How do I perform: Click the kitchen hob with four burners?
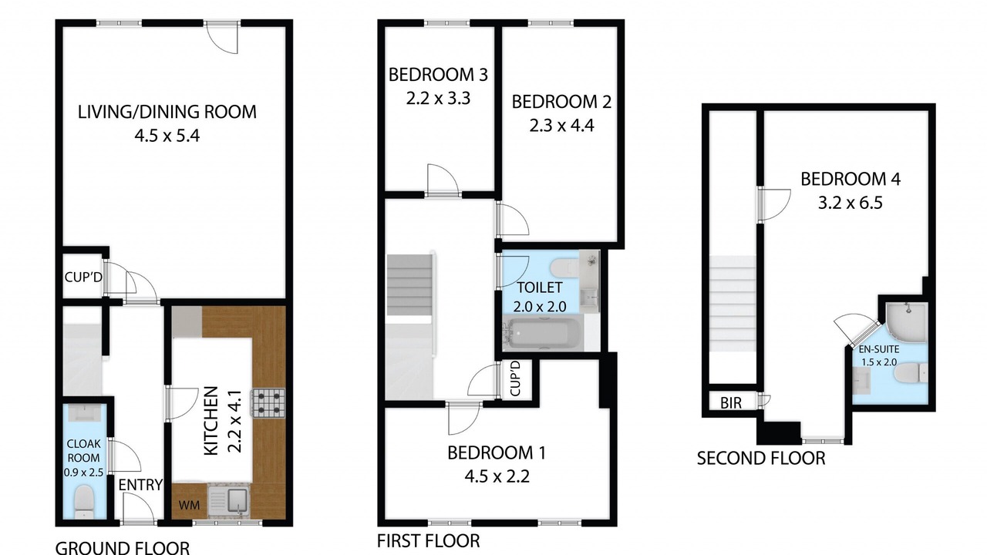pyautogui.click(x=268, y=403)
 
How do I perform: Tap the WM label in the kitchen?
pyautogui.click(x=189, y=505)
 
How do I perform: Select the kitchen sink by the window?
pyautogui.click(x=229, y=501)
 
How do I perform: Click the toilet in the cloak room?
pyautogui.click(x=83, y=502)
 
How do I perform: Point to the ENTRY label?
pyautogui.click(x=140, y=485)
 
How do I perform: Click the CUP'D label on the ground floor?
pyautogui.click(x=83, y=277)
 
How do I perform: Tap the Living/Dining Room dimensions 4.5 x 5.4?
pyautogui.click(x=167, y=136)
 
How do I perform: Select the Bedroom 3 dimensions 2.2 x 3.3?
pyautogui.click(x=438, y=98)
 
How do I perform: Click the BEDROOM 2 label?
pyautogui.click(x=561, y=102)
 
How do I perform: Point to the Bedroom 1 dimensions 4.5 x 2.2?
pyautogui.click(x=497, y=476)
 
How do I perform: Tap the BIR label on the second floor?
pyautogui.click(x=731, y=402)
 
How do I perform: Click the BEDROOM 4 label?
pyautogui.click(x=851, y=180)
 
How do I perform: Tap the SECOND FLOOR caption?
pyautogui.click(x=761, y=459)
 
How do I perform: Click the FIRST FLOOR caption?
pyautogui.click(x=428, y=540)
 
